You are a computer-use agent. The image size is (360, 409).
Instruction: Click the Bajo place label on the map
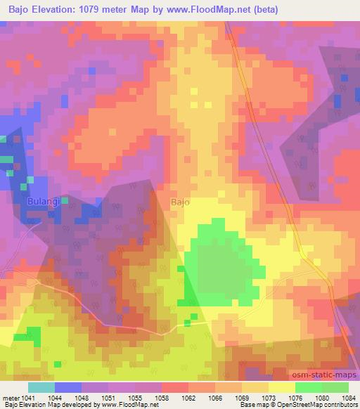coord(180,202)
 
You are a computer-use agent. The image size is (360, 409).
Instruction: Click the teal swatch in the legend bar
coord(41,387)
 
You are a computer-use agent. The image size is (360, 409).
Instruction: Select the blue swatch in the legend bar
coord(67,387)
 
